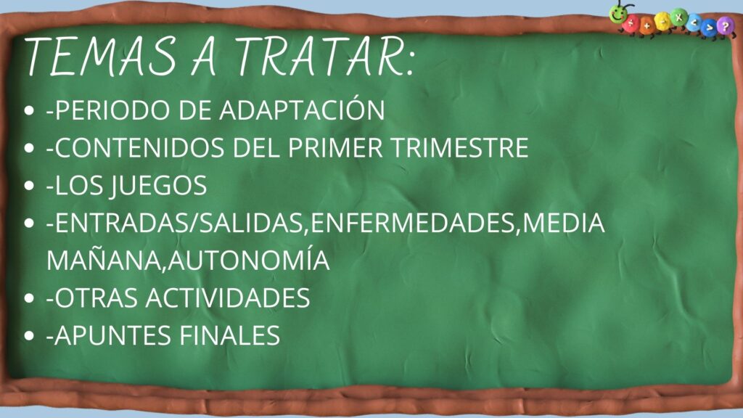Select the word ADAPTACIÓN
tap(302, 110)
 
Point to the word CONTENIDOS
tap(139, 148)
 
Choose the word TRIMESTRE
tap(459, 148)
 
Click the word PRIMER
tap(334, 148)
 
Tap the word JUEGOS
tap(158, 186)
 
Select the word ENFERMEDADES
tap(413, 223)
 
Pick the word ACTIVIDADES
tap(227, 298)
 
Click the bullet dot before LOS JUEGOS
tap(29, 186)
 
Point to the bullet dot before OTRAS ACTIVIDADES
tap(29, 298)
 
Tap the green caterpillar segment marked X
tap(679, 17)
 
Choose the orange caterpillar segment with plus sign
tap(646, 25)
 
